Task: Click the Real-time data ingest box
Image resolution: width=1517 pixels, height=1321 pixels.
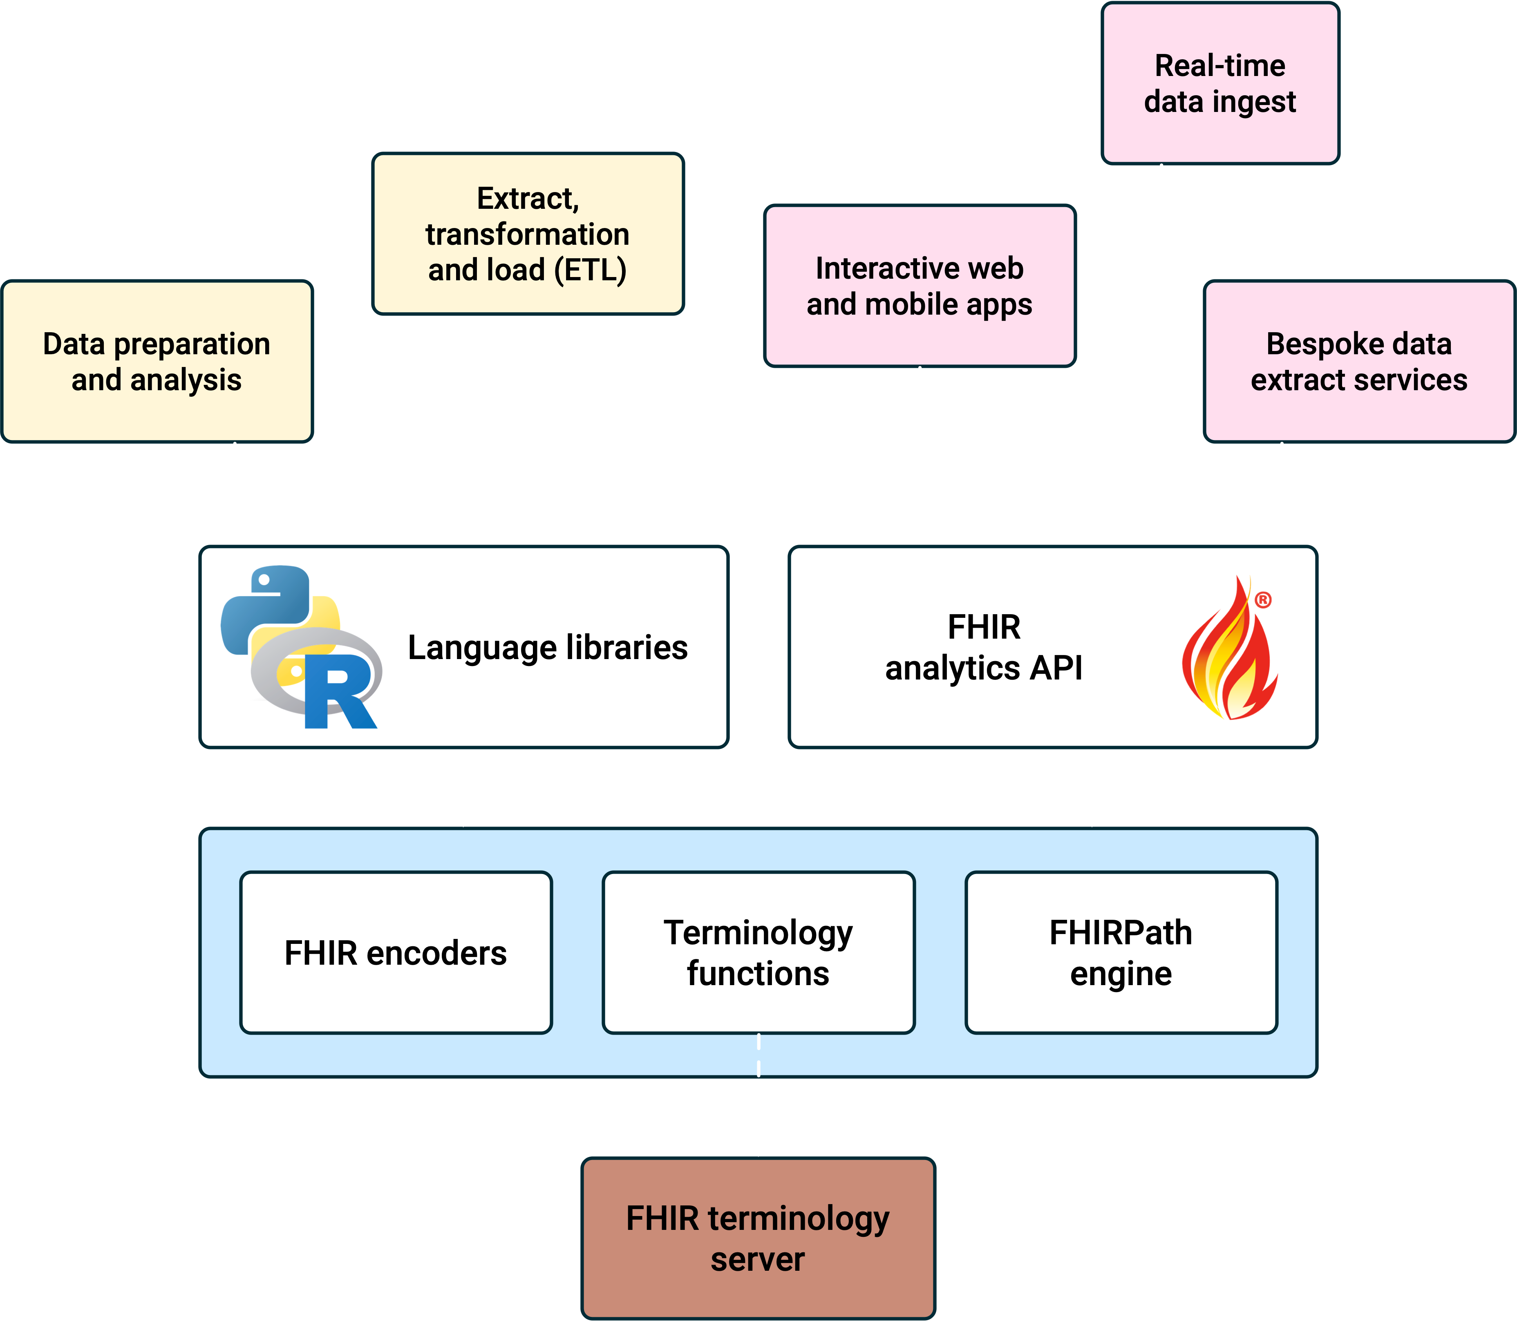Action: [1220, 83]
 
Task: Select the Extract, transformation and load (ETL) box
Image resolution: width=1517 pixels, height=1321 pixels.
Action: [528, 234]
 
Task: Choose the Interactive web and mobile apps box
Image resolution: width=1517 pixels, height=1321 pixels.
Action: [920, 286]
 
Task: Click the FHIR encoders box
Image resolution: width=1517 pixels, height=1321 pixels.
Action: [396, 952]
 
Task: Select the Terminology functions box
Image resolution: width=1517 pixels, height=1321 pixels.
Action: [758, 952]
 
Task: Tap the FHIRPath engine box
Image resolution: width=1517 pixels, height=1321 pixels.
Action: [1121, 952]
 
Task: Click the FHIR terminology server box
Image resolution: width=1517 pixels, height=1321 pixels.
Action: [758, 1238]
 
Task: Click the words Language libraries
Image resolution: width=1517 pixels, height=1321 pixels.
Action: [548, 647]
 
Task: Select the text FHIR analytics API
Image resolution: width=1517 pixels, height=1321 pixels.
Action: [984, 647]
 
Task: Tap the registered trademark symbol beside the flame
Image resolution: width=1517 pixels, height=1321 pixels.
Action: [1263, 600]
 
